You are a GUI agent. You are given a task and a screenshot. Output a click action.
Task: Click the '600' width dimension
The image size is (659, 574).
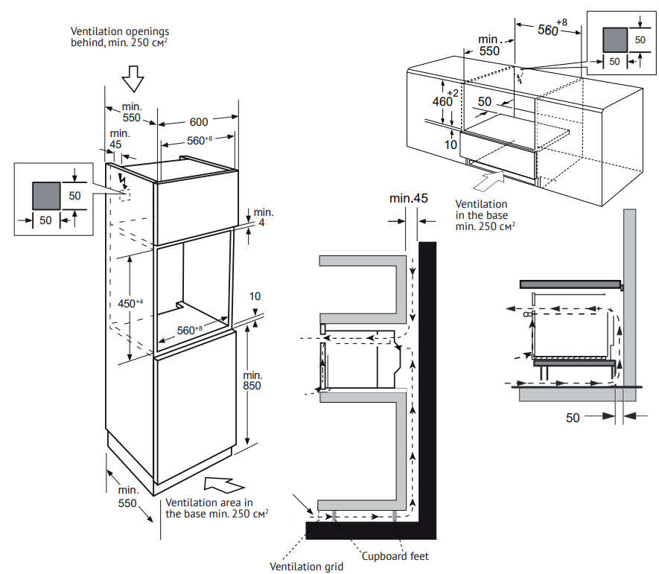click(199, 121)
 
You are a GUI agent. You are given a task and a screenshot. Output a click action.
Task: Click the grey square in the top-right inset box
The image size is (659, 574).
click(614, 38)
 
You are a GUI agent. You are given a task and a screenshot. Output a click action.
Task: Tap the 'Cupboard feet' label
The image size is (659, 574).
click(395, 555)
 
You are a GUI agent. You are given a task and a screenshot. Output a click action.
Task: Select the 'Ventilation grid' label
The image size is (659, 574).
click(308, 567)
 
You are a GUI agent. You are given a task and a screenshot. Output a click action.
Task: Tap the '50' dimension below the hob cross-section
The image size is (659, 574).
click(573, 418)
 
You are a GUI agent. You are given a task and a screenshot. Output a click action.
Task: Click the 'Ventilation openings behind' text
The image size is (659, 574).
click(119, 37)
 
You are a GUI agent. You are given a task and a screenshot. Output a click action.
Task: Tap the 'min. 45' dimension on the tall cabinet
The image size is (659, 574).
click(115, 139)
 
